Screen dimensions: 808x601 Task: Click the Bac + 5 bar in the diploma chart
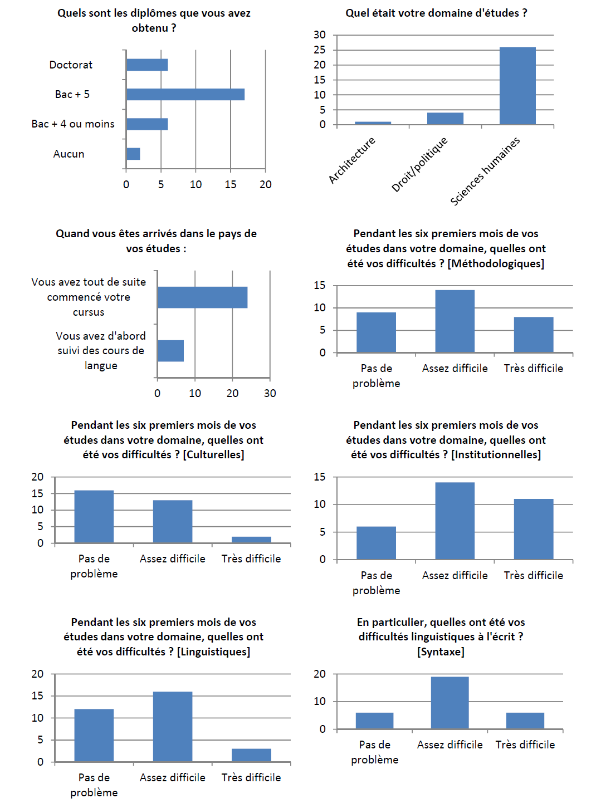tap(185, 95)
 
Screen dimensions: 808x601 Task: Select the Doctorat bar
tap(147, 65)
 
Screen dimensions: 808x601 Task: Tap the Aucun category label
tap(69, 154)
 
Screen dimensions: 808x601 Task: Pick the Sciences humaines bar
tap(517, 86)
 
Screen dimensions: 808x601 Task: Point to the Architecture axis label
tap(352, 160)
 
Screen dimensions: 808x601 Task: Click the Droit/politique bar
tap(445, 119)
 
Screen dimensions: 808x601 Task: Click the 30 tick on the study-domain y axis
tap(320, 35)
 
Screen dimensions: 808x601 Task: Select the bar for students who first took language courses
tap(170, 351)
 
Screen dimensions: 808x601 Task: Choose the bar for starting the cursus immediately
tap(202, 297)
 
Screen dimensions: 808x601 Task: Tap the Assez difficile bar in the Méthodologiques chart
tap(455, 321)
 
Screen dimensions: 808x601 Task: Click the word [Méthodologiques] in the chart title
tap(496, 263)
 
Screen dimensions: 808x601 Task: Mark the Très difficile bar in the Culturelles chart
tap(251, 540)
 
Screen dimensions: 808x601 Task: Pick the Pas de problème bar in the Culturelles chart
tap(94, 517)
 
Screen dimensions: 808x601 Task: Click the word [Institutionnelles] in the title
tap(496, 455)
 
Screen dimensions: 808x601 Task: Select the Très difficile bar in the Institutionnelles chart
tap(534, 529)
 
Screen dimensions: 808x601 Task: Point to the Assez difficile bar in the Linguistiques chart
tap(173, 727)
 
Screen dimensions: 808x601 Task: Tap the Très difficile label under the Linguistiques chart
tap(251, 777)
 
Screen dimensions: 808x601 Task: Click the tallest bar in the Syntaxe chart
tap(449, 703)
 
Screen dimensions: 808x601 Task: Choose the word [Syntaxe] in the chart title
tap(441, 652)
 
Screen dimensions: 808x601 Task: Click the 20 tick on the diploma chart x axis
tap(266, 185)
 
